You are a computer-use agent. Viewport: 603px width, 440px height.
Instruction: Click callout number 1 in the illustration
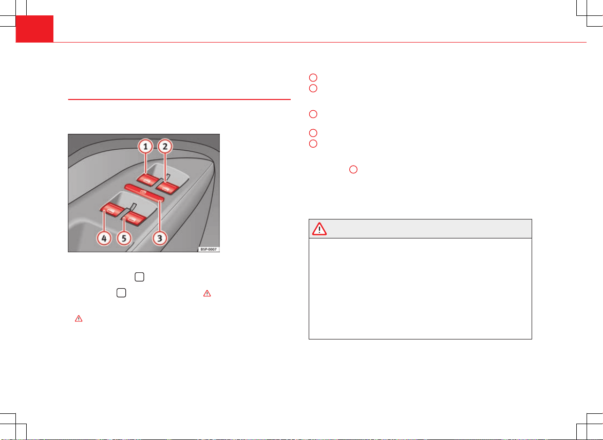click(x=145, y=146)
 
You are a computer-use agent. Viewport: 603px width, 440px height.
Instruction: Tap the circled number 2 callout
click(x=165, y=146)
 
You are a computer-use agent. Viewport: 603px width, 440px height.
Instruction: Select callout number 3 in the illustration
click(x=160, y=238)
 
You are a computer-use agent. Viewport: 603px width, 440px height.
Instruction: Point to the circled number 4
click(x=104, y=238)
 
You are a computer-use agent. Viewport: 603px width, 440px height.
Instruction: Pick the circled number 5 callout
click(x=124, y=238)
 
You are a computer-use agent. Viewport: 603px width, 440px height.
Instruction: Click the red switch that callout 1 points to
click(x=146, y=179)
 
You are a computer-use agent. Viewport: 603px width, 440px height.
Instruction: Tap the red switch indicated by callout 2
click(x=167, y=187)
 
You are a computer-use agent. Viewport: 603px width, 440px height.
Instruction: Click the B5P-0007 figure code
click(x=209, y=250)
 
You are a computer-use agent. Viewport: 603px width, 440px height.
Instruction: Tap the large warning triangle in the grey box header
click(x=319, y=229)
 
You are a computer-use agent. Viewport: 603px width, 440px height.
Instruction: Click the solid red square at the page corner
click(x=34, y=29)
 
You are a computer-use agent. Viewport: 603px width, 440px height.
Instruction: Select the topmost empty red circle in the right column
click(x=313, y=77)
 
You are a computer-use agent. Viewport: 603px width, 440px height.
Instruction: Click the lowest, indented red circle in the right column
click(x=353, y=169)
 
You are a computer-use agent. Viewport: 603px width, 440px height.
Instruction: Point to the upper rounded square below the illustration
click(x=139, y=277)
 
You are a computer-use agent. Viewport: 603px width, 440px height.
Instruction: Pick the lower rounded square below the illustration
click(x=121, y=293)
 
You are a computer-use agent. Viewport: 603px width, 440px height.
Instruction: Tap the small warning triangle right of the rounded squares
click(x=207, y=294)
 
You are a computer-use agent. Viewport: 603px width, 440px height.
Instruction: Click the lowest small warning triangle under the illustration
click(x=79, y=318)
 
